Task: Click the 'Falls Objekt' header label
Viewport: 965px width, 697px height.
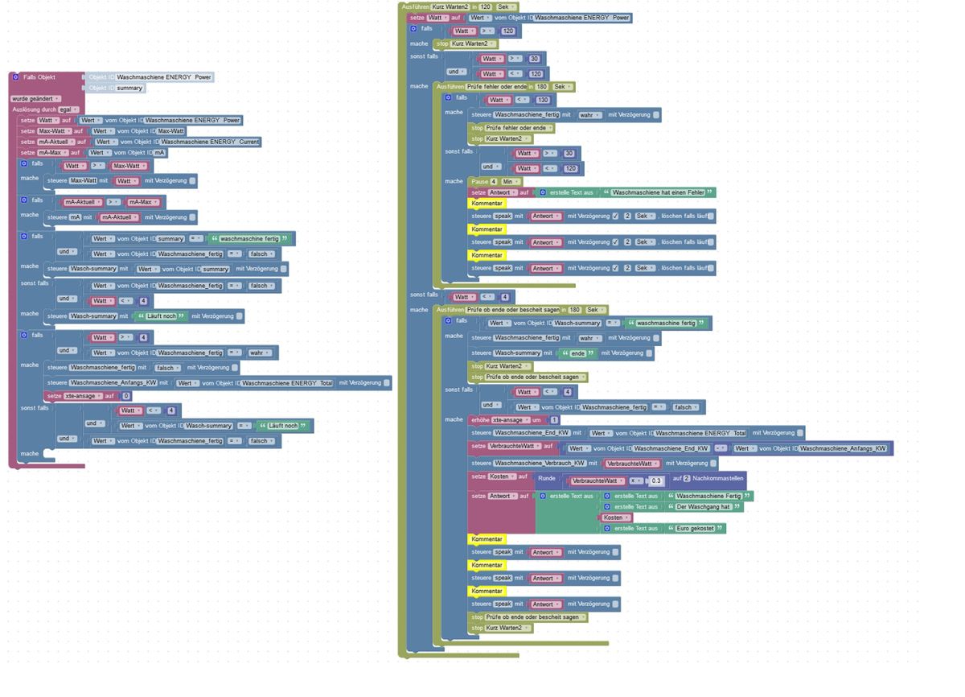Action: [39, 77]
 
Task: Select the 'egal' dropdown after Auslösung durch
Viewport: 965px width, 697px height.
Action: [65, 109]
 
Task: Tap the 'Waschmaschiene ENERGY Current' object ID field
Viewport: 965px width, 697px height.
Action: [210, 142]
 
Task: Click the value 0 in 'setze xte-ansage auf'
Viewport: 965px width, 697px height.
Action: [126, 396]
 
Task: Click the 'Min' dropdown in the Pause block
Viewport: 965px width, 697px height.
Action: [508, 182]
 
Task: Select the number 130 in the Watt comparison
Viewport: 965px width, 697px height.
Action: [543, 100]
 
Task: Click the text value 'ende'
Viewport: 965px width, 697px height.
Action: [578, 353]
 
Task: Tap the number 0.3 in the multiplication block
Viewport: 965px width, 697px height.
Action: [656, 480]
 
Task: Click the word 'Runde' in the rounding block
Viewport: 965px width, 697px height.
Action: [547, 478]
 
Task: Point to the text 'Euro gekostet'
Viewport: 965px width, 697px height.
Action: [696, 528]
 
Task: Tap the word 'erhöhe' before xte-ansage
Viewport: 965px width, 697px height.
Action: [479, 420]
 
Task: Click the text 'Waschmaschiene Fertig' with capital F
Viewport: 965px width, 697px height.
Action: [708, 496]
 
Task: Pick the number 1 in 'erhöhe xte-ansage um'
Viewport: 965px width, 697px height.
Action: [555, 420]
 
